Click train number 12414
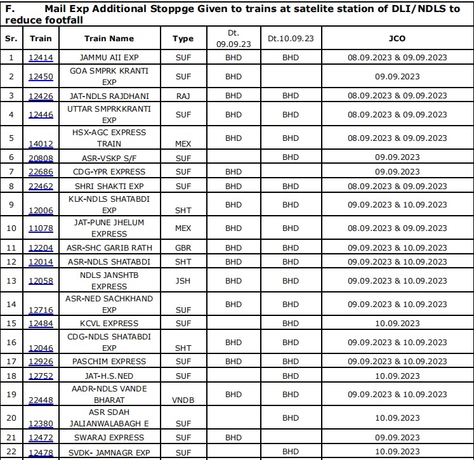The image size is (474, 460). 41,58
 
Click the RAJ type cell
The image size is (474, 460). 183,96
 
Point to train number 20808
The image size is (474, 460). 41,157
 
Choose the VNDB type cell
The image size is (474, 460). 183,400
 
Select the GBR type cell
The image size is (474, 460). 183,248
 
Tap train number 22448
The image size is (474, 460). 41,400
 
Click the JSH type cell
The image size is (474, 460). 183,280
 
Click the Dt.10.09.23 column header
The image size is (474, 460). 290,38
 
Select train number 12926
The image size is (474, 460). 41,362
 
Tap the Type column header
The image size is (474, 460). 183,38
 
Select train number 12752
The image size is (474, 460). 41,376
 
